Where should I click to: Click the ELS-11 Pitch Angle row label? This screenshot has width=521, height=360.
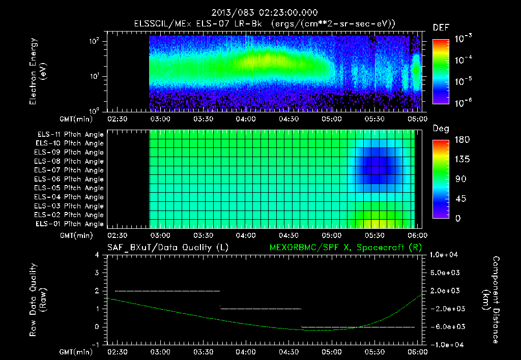[x=70, y=134]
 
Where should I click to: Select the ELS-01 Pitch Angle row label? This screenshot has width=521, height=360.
[x=70, y=224]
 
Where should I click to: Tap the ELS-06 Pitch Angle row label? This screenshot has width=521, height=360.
[x=70, y=179]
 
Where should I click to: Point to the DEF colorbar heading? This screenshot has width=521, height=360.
[x=441, y=27]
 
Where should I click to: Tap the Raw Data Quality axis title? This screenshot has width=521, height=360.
[x=38, y=300]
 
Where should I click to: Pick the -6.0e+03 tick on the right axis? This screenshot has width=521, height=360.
[x=445, y=326]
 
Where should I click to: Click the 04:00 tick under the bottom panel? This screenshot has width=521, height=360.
[x=246, y=352]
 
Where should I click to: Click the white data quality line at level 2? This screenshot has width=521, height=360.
[x=168, y=291]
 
